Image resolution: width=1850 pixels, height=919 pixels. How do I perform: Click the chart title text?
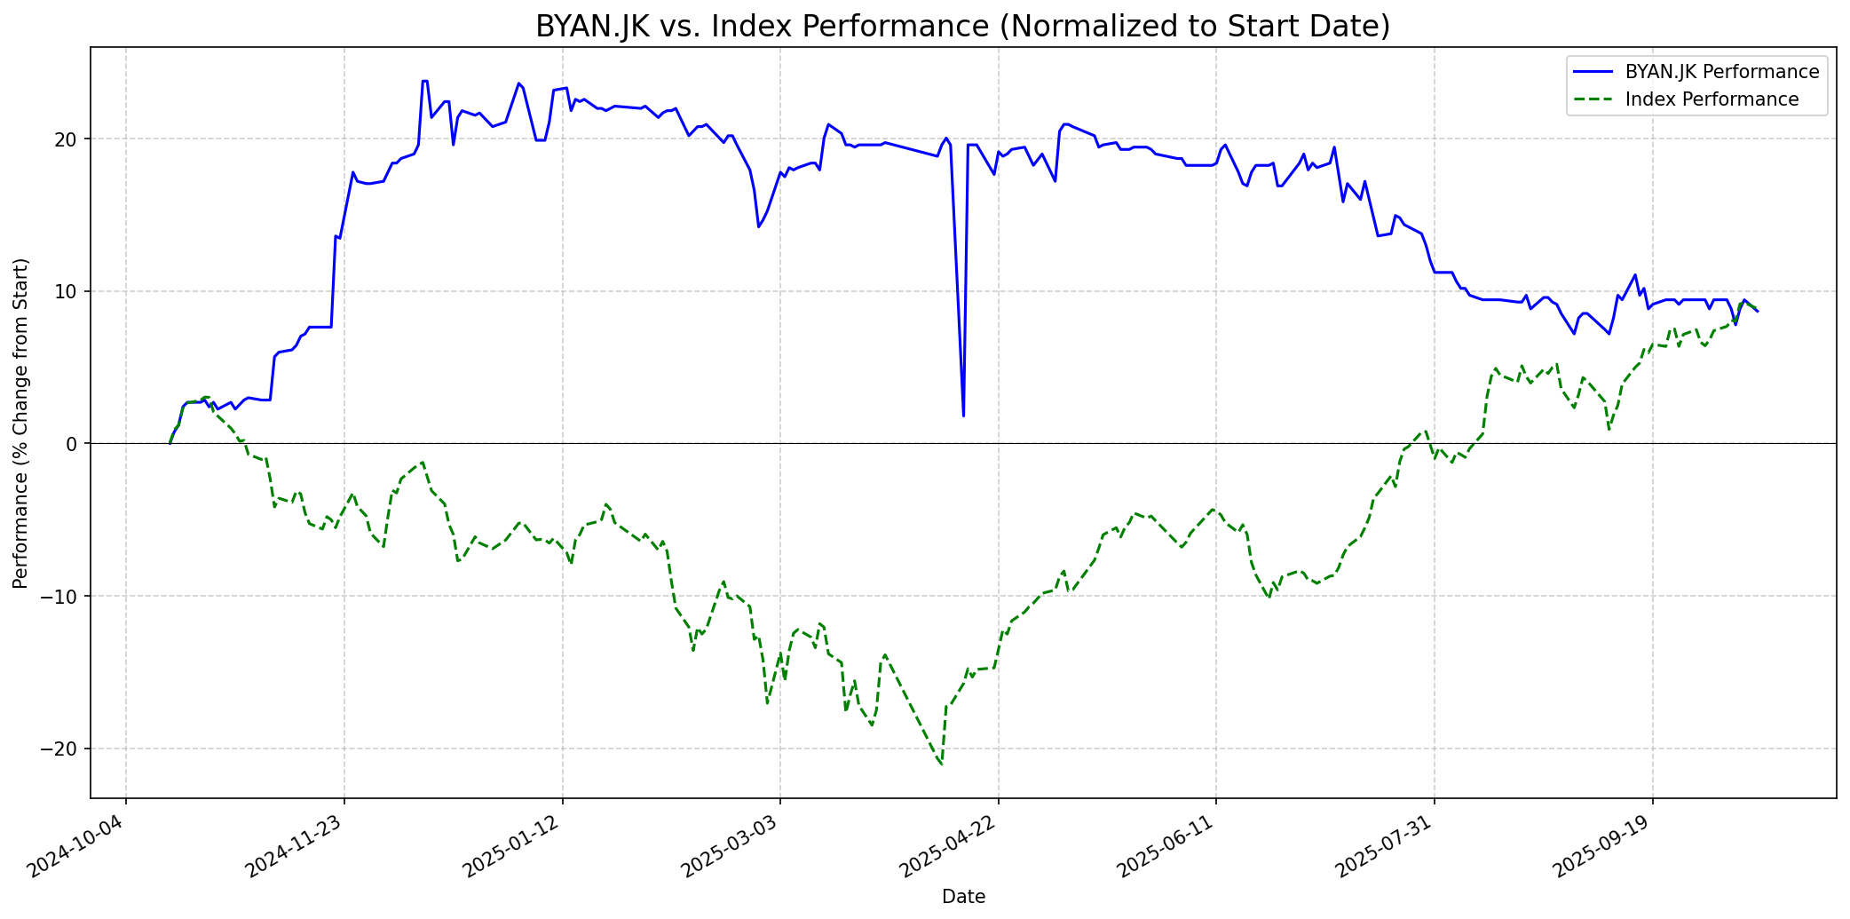[962, 27]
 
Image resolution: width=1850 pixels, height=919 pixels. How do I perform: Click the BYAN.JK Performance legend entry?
[1721, 72]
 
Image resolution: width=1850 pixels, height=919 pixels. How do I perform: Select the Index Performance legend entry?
[1711, 99]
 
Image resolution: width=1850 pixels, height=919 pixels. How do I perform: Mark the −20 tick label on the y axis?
[63, 749]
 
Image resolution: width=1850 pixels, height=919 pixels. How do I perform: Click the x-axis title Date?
[963, 897]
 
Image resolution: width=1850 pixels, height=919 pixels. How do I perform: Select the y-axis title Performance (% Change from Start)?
[21, 423]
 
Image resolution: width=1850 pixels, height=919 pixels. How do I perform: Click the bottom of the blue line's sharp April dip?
[963, 416]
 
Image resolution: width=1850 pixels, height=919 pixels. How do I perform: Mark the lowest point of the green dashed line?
[941, 764]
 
